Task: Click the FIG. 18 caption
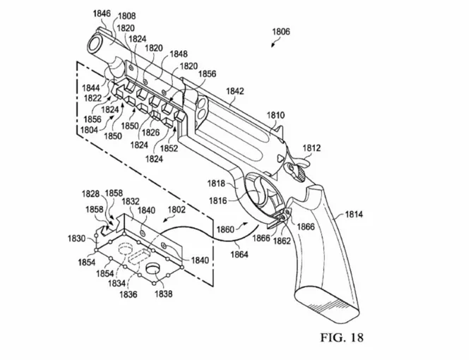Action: pyautogui.click(x=342, y=337)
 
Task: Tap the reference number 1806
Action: pyautogui.click(x=281, y=32)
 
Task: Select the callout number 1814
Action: pyautogui.click(x=354, y=215)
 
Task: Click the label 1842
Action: pyautogui.click(x=235, y=91)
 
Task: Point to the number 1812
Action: pyautogui.click(x=311, y=148)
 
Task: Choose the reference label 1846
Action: pyautogui.click(x=102, y=13)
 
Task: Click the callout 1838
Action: pyautogui.click(x=164, y=294)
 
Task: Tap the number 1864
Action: pyautogui.click(x=239, y=255)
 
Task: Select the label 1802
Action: pyautogui.click(x=176, y=210)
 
